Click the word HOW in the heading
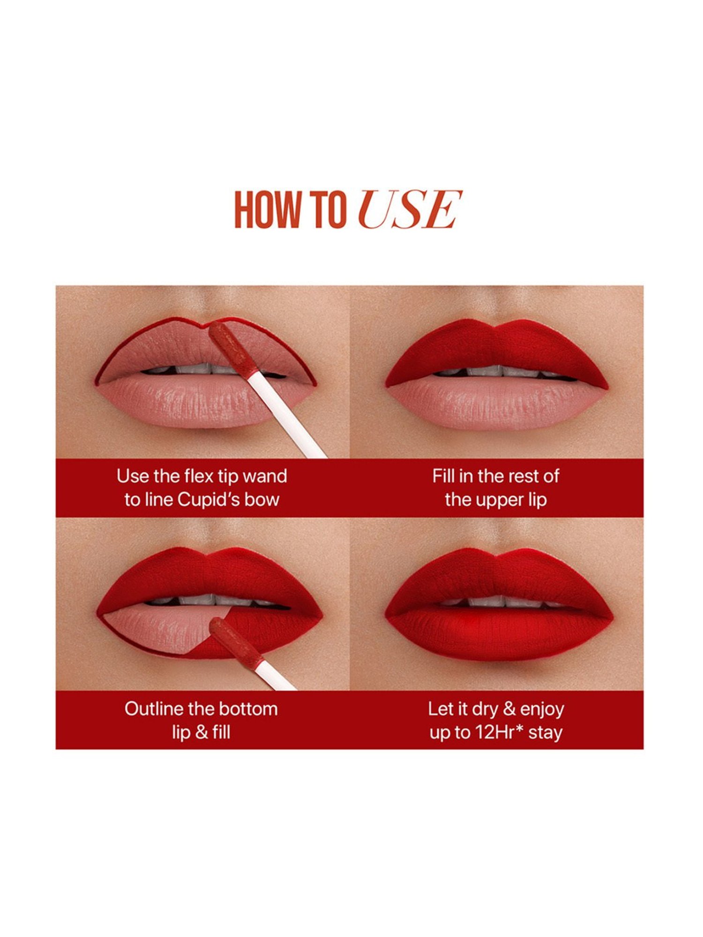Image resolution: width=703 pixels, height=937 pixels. pyautogui.click(x=267, y=209)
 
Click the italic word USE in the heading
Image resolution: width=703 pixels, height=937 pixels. pyautogui.click(x=410, y=209)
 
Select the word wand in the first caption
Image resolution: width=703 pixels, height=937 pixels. pyautogui.click(x=265, y=476)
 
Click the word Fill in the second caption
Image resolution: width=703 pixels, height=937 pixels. pyautogui.click(x=443, y=476)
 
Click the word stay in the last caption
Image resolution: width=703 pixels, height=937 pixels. pyautogui.click(x=546, y=732)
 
